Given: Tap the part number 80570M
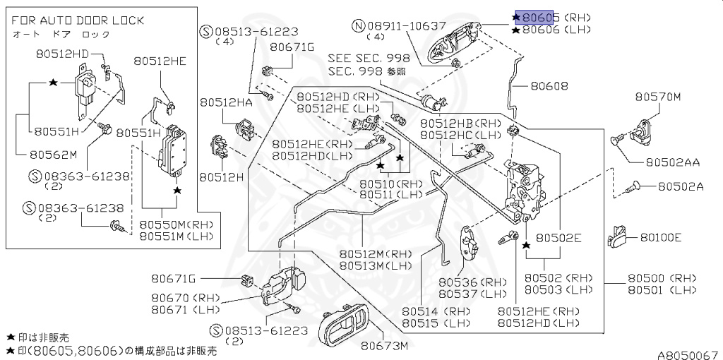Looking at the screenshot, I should click(657, 97).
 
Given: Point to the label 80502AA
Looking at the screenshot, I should click(671, 162).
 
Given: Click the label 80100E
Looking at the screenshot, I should click(661, 237).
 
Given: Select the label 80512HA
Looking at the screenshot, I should click(225, 103).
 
